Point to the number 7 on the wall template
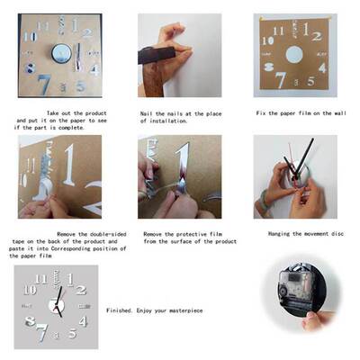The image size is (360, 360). tap(281, 78)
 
